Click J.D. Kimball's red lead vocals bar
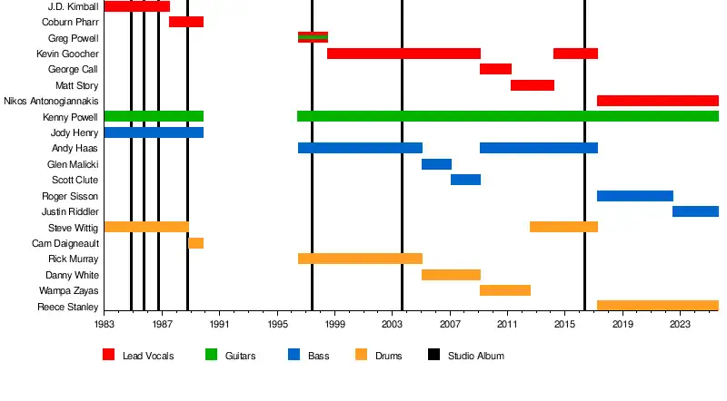click(x=136, y=6)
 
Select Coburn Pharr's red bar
click(x=186, y=22)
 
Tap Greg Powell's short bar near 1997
click(x=313, y=37)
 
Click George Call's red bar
click(x=495, y=69)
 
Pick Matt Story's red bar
click(x=532, y=85)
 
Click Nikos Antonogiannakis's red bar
click(x=657, y=101)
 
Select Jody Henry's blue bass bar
click(x=154, y=132)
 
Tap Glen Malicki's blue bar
click(x=436, y=164)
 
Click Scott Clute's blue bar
click(x=465, y=180)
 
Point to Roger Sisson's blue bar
click(x=634, y=196)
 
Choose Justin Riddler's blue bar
click(x=695, y=211)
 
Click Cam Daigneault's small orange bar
click(x=195, y=243)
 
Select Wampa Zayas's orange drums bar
click(x=504, y=290)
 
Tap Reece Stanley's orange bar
click(x=657, y=306)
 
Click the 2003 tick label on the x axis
click(x=393, y=324)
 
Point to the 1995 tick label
click(x=277, y=324)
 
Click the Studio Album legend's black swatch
click(x=434, y=355)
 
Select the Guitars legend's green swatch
click(x=212, y=355)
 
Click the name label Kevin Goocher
click(x=67, y=54)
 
